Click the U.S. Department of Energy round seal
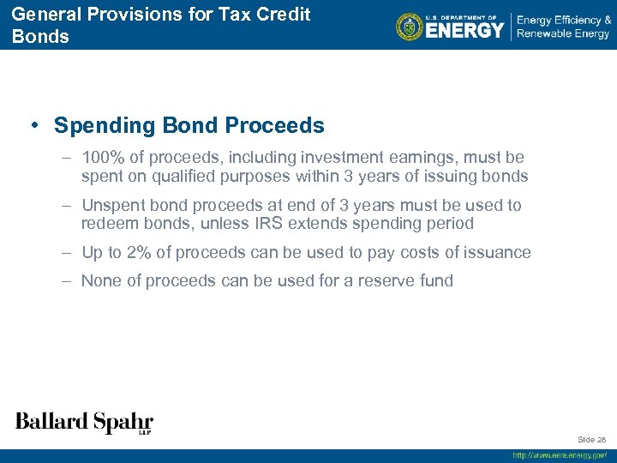[x=410, y=27]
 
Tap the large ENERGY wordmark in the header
[x=464, y=30]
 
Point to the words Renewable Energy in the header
[x=563, y=33]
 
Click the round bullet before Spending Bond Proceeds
[x=33, y=125]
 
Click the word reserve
[x=379, y=280]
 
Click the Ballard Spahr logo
[x=84, y=422]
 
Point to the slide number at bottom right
[x=592, y=440]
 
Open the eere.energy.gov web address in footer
[x=560, y=455]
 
